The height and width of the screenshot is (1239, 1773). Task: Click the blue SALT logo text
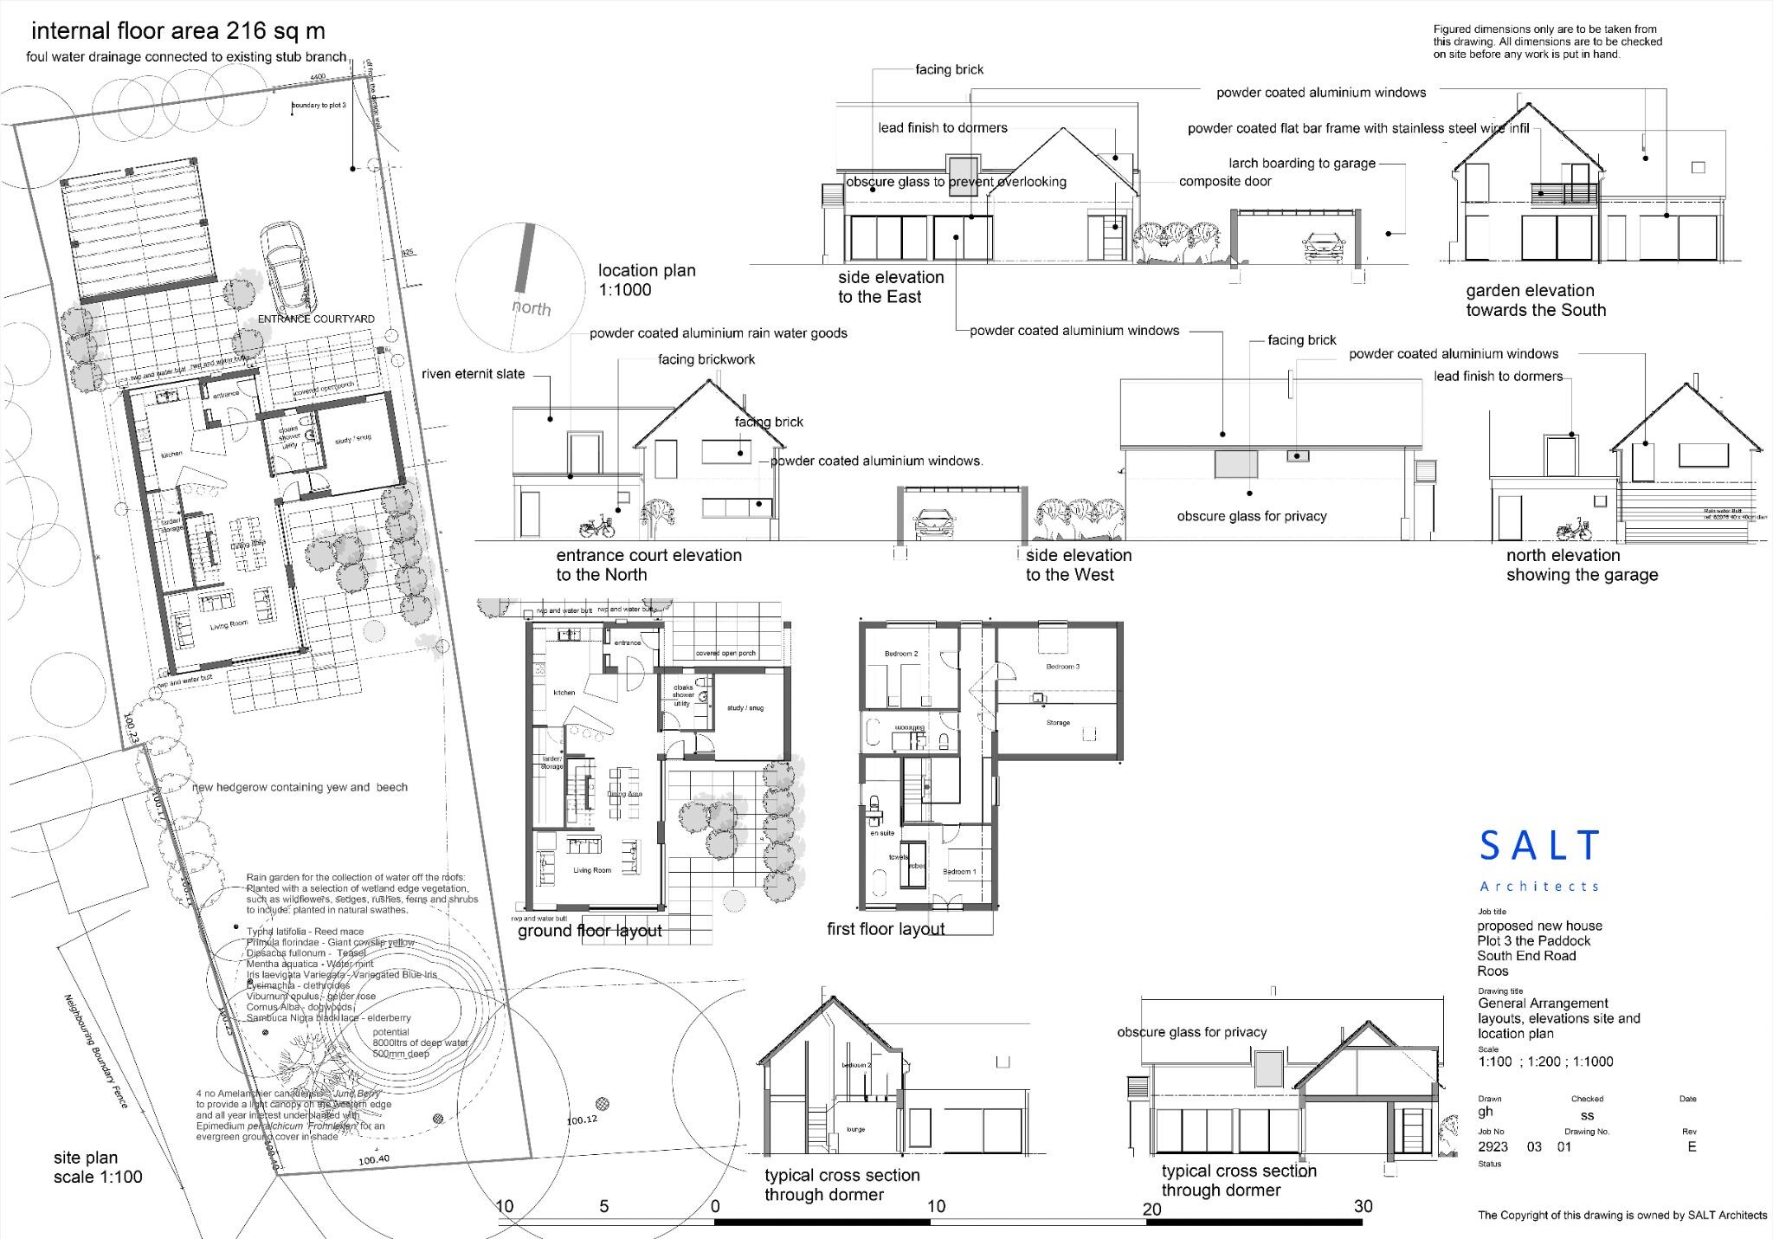(x=1540, y=845)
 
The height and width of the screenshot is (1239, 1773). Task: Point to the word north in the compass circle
(x=531, y=307)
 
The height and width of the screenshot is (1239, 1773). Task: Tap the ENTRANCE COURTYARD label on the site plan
(x=316, y=319)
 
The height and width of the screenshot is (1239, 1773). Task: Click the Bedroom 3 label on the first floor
(x=1062, y=667)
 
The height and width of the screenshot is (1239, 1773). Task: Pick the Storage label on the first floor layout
(x=1058, y=722)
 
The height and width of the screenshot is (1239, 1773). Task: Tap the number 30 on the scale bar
(x=1363, y=1206)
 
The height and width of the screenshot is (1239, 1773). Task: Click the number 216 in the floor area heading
(x=246, y=31)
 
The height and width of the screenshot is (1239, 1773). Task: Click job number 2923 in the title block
(x=1493, y=1146)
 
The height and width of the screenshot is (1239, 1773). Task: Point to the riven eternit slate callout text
(x=473, y=374)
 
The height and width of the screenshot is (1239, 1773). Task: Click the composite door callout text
(x=1225, y=182)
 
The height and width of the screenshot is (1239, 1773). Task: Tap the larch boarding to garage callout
(x=1301, y=163)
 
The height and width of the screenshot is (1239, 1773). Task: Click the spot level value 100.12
(x=582, y=1120)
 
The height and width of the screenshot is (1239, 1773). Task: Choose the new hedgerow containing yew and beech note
(x=300, y=787)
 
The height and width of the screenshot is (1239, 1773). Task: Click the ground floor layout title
(x=590, y=931)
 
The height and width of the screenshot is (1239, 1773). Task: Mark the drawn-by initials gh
(x=1486, y=1112)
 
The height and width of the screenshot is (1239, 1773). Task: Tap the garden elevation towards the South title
(x=1535, y=300)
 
